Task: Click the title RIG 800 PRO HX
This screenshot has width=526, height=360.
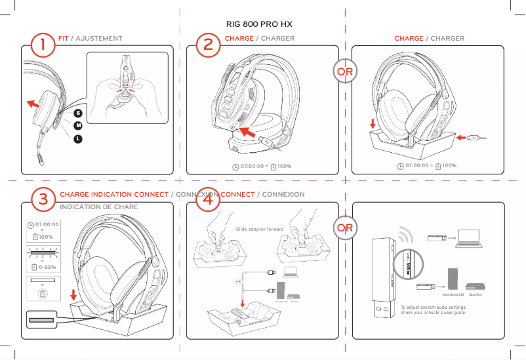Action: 259,24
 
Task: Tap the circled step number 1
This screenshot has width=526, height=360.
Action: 43,46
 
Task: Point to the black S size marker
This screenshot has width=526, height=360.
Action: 78,113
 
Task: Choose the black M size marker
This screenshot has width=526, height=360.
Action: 78,126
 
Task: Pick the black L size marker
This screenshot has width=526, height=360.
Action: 78,138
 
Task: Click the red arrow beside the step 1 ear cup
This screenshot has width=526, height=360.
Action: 31,103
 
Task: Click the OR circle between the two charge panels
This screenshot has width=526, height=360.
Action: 345,71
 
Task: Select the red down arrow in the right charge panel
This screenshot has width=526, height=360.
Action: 373,124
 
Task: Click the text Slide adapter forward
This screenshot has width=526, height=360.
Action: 260,230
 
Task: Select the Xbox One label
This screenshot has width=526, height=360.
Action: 475,296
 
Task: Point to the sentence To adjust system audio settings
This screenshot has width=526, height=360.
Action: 434,307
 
